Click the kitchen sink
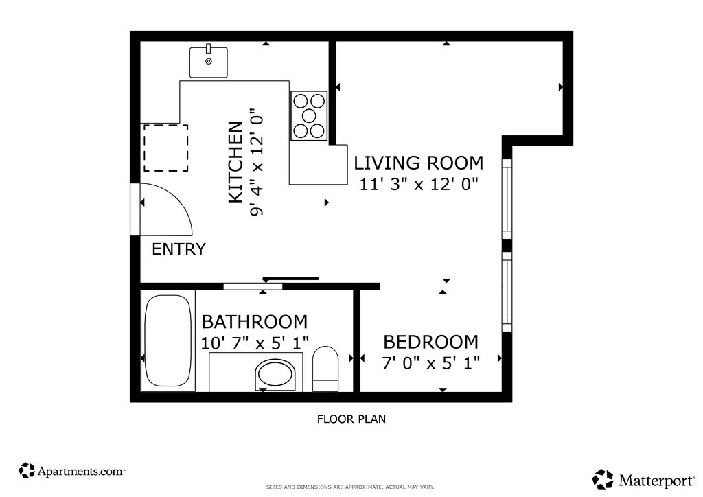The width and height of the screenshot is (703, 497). tap(209, 62)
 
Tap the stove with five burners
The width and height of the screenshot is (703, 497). tap(309, 115)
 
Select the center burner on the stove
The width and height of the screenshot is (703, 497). tap(309, 115)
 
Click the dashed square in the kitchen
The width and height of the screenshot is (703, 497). tap(165, 148)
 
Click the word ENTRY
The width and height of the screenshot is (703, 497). tap(178, 249)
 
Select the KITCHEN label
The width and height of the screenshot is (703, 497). tap(236, 162)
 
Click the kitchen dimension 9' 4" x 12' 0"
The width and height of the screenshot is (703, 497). tap(256, 162)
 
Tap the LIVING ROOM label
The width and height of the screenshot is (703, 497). tap(419, 163)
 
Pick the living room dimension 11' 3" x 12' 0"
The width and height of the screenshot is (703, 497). tap(419, 184)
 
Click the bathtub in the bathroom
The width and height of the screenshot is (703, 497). tap(168, 340)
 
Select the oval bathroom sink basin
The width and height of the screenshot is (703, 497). tap(275, 375)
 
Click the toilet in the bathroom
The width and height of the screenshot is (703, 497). tap(325, 369)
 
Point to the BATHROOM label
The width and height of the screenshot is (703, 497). tap(255, 322)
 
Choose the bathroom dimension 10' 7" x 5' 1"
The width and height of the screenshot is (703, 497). tap(255, 343)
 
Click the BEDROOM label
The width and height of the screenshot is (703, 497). tap(431, 343)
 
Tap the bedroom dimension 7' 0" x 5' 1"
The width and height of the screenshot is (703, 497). tap(431, 363)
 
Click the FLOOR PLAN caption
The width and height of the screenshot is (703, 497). tap(351, 419)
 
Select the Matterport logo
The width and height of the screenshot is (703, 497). tap(643, 480)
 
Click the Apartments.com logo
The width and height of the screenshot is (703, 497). tap(71, 471)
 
